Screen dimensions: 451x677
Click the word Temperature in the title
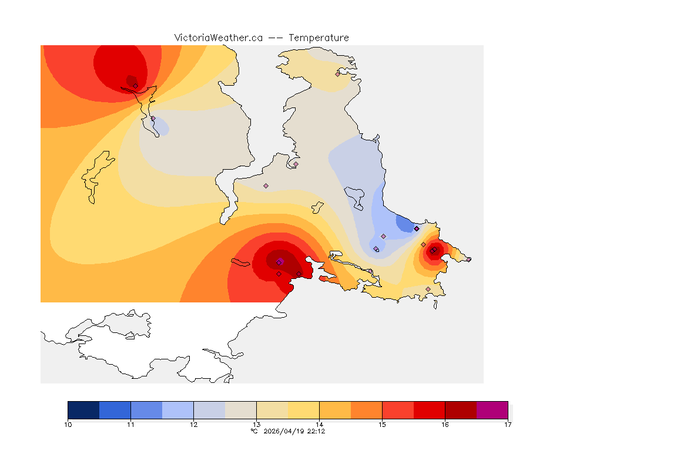319,38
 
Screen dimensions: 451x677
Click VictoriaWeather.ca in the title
218,38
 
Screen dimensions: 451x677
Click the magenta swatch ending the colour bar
492,410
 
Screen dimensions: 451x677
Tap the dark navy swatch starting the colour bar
83,410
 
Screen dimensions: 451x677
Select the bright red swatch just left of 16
429,410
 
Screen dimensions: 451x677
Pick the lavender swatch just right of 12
209,410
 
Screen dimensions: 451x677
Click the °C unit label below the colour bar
254,431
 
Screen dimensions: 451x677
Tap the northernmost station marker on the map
337,74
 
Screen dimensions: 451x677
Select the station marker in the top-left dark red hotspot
135,86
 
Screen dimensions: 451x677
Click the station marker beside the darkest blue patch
416,228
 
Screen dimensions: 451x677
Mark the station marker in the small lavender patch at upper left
153,119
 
